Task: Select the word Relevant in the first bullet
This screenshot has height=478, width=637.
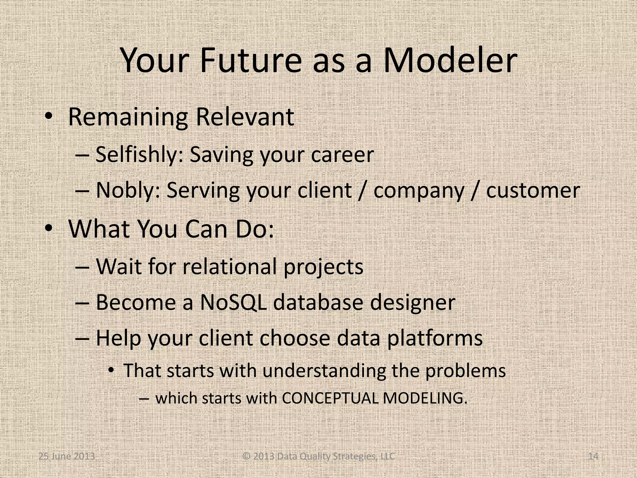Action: point(244,117)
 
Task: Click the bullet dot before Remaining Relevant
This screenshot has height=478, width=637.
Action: point(48,116)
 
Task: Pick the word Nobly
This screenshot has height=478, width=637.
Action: point(128,190)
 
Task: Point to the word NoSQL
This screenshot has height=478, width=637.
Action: point(233,302)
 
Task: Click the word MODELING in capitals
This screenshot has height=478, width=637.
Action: point(425,398)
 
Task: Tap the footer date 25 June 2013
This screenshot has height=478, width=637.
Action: point(67,457)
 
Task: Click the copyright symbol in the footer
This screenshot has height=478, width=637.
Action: point(246,457)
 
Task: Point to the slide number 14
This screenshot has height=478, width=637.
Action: point(593,457)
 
